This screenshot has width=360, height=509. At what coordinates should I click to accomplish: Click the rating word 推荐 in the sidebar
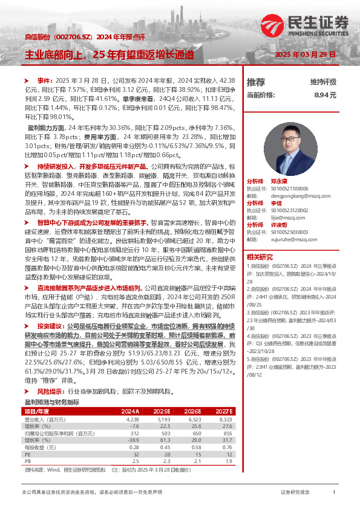tap(256, 82)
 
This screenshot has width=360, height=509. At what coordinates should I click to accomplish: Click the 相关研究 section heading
tap(261, 257)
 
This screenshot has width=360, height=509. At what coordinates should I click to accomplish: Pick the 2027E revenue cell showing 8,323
tap(225, 418)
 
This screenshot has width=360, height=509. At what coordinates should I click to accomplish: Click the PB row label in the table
tap(27, 461)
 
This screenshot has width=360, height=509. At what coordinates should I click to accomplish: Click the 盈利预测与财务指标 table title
tap(51, 401)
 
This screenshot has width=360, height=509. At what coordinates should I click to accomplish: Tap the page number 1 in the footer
tap(335, 493)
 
